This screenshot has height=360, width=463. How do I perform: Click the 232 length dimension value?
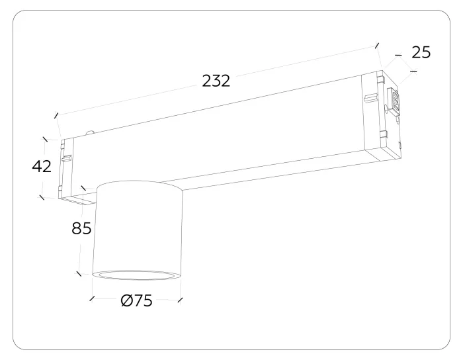point(216,81)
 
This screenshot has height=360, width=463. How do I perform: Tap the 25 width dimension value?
point(421,52)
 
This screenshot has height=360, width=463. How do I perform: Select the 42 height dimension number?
point(42,166)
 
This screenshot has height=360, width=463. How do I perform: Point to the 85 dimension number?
point(81,228)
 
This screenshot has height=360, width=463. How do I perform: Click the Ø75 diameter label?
point(137,300)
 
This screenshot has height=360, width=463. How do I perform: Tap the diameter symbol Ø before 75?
point(127,300)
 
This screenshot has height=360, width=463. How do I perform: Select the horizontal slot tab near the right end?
point(372,97)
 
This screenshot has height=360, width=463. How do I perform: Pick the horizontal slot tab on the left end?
point(66,158)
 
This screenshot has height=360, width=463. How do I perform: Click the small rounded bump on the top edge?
point(91,132)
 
